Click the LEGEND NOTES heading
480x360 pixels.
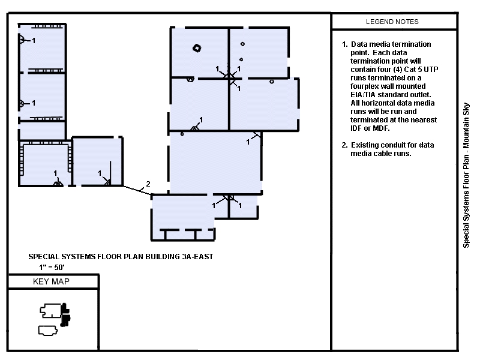tap(392, 22)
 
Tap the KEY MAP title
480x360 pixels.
tap(51, 281)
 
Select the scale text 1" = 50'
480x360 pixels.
tap(52, 267)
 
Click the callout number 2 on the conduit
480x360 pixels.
tap(148, 184)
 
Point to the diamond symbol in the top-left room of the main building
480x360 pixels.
tap(197, 48)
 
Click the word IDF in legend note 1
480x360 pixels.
tap(356, 128)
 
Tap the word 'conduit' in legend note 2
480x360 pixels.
tap(393, 145)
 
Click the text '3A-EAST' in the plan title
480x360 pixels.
tap(197, 257)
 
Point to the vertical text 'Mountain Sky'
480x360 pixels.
tap(466, 125)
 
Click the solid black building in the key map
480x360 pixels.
tap(65, 314)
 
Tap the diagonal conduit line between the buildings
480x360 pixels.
tap(137, 190)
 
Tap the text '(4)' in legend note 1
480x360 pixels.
tap(397, 70)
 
